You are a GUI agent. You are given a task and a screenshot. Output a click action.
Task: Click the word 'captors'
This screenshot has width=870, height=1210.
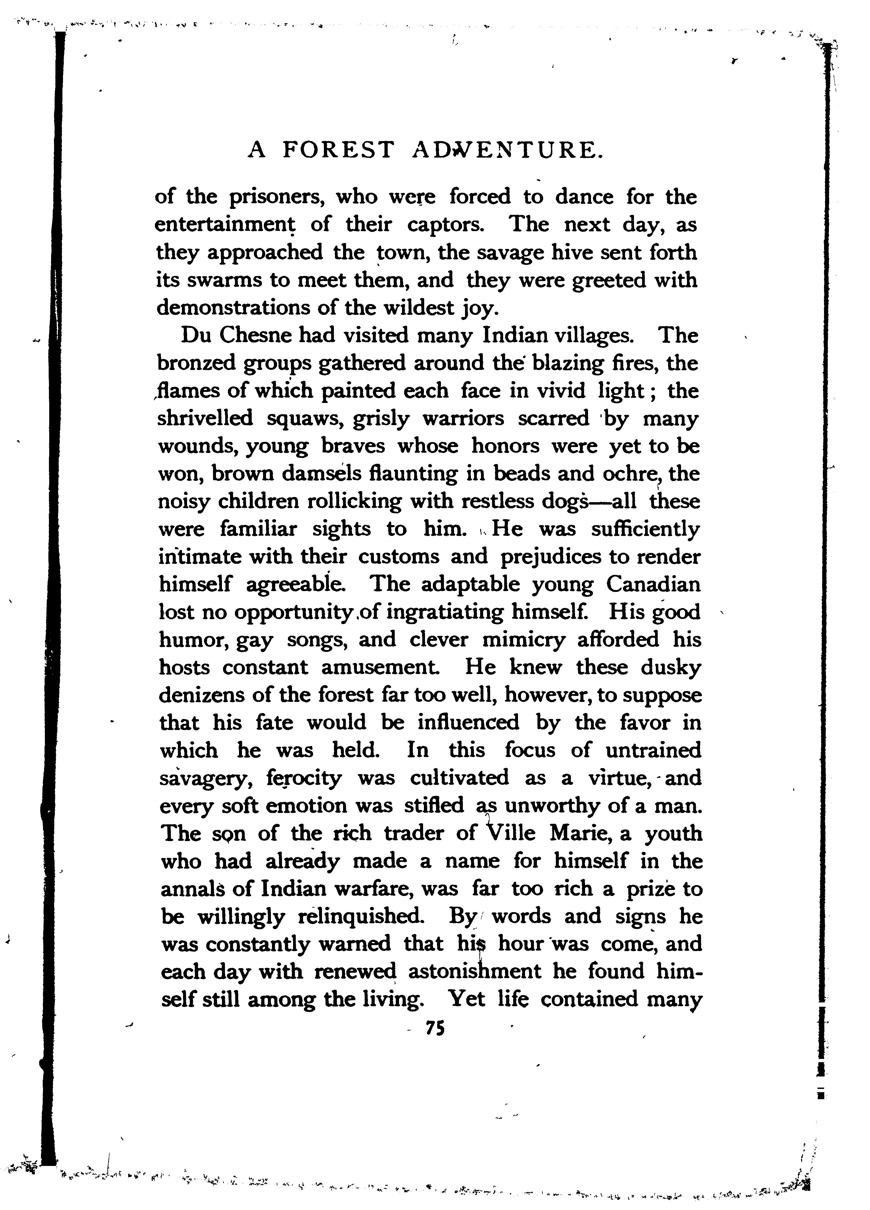[x=446, y=225]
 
